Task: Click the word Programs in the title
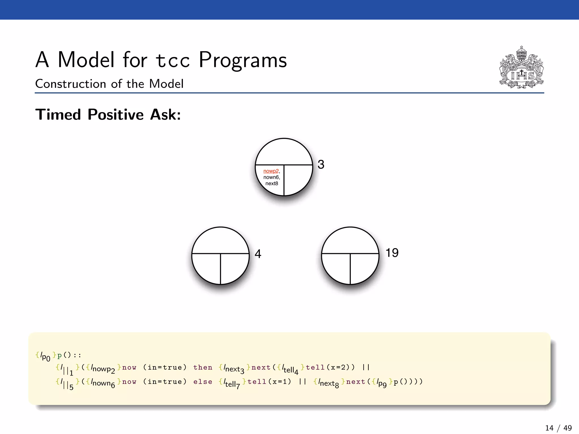(x=243, y=60)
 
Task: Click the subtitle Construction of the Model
(x=109, y=84)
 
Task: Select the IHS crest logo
(x=521, y=68)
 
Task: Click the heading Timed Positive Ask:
(x=108, y=115)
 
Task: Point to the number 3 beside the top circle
(x=321, y=164)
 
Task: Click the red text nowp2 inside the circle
(x=271, y=171)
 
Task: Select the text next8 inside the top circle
(x=272, y=183)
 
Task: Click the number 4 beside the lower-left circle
(x=258, y=254)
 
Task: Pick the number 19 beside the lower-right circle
(x=392, y=253)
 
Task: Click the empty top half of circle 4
(x=221, y=240)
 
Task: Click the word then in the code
(x=203, y=367)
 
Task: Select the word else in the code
(x=203, y=382)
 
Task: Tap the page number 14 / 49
(x=558, y=428)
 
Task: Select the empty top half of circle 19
(x=350, y=240)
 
